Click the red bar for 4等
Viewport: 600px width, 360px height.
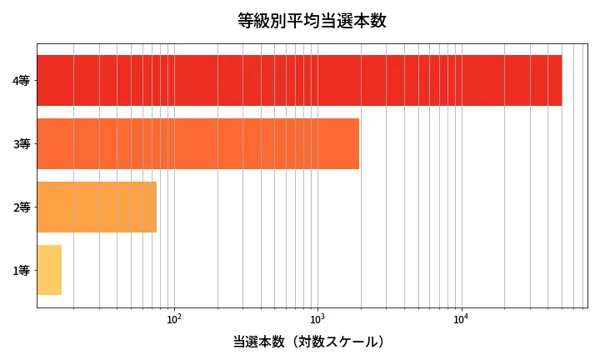pyautogui.click(x=299, y=80)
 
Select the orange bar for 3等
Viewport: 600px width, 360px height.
pyautogui.click(x=198, y=143)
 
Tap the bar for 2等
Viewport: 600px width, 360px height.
pyautogui.click(x=97, y=207)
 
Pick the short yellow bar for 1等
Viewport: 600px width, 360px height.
pyautogui.click(x=49, y=270)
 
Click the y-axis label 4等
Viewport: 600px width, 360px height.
pyautogui.click(x=22, y=81)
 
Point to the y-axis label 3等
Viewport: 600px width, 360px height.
pyautogui.click(x=22, y=144)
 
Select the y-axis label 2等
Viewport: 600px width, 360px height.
pyautogui.click(x=22, y=207)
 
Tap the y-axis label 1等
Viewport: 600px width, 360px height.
pyautogui.click(x=22, y=271)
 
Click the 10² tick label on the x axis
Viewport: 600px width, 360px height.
pyautogui.click(x=174, y=318)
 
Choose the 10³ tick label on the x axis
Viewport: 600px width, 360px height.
pyautogui.click(x=317, y=318)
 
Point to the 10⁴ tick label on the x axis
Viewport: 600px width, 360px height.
pyautogui.click(x=461, y=318)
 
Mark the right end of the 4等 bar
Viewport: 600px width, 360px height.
pyautogui.click(x=561, y=80)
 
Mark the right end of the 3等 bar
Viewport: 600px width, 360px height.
pyautogui.click(x=358, y=143)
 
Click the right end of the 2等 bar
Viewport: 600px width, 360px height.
pyautogui.click(x=156, y=207)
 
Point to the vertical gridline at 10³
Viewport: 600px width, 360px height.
pyautogui.click(x=317, y=208)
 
